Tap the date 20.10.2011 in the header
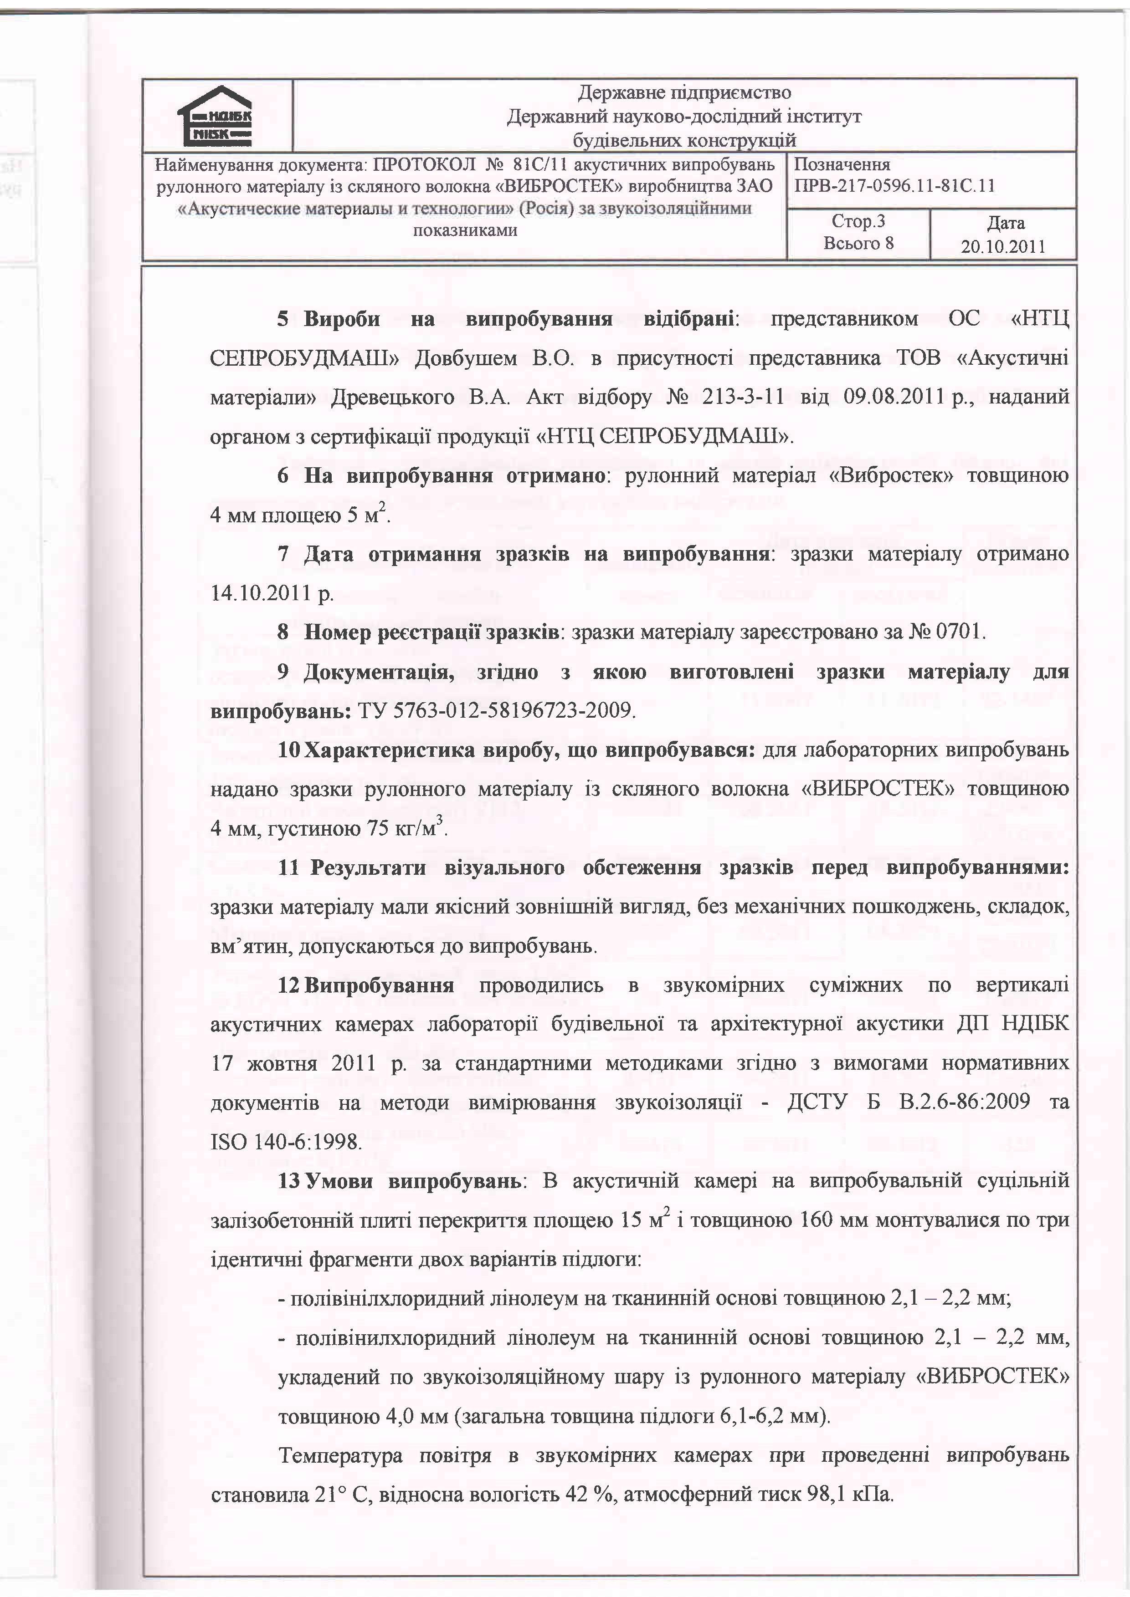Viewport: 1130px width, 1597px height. click(1003, 247)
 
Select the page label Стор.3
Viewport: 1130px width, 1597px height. click(858, 221)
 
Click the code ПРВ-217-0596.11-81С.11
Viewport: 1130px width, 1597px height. click(894, 186)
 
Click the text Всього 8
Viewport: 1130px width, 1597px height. click(858, 244)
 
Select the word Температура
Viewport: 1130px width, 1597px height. click(340, 1456)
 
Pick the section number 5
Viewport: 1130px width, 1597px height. click(282, 319)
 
